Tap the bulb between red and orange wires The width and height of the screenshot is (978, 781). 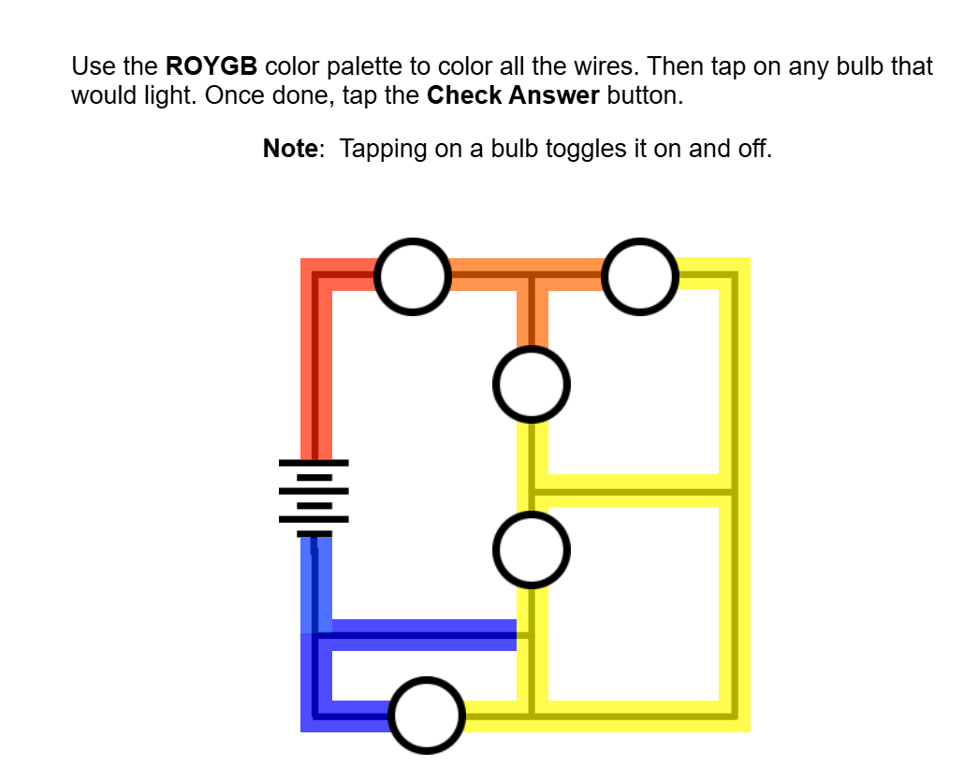pos(412,276)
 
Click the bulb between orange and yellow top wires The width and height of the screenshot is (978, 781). pos(640,276)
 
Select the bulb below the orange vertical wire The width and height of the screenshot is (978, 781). pos(531,384)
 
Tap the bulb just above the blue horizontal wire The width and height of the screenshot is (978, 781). pos(531,550)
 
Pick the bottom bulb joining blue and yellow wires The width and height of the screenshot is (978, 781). pos(427,716)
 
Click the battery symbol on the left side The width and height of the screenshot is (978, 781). pos(314,499)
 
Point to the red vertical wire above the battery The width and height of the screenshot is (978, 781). pos(316,374)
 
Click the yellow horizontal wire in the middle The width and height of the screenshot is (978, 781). pos(632,490)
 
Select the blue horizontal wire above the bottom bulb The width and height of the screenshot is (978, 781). pos(421,635)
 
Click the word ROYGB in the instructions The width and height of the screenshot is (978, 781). pos(211,66)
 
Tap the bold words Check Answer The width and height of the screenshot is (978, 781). pos(513,96)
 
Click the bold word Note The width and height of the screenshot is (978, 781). pos(290,149)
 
